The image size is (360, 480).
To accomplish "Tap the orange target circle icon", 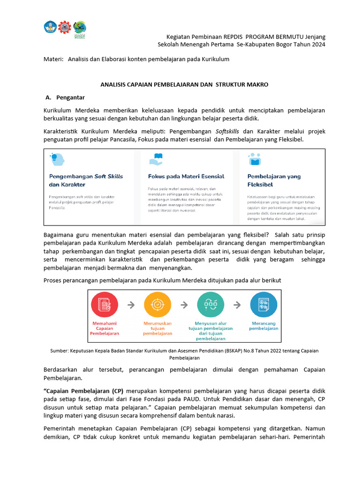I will (157, 305).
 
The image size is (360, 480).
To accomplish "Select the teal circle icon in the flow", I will (210, 305).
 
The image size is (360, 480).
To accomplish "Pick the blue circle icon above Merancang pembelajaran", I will (263, 305).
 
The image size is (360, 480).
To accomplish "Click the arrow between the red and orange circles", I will (131, 305).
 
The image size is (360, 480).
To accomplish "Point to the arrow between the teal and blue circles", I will (237, 305).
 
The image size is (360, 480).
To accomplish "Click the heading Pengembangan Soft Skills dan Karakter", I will (86, 180).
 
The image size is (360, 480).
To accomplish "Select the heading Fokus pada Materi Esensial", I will (186, 176).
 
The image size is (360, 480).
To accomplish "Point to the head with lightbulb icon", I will (54, 159).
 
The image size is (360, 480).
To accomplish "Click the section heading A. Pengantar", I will (65, 97).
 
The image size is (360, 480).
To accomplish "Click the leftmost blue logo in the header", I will (50, 27).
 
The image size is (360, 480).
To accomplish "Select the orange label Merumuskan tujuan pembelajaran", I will (157, 329).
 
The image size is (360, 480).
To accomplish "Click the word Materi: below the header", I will (53, 60).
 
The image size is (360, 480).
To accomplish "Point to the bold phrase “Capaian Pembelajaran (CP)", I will (83, 391).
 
